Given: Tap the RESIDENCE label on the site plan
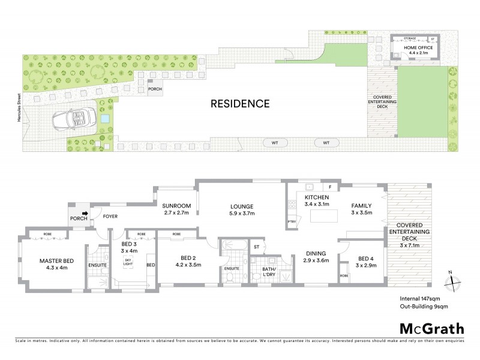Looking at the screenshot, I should (239, 103).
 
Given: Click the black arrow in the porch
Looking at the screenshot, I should (85, 212).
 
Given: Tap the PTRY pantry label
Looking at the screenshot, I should (293, 222).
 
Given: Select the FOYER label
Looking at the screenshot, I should (110, 215).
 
